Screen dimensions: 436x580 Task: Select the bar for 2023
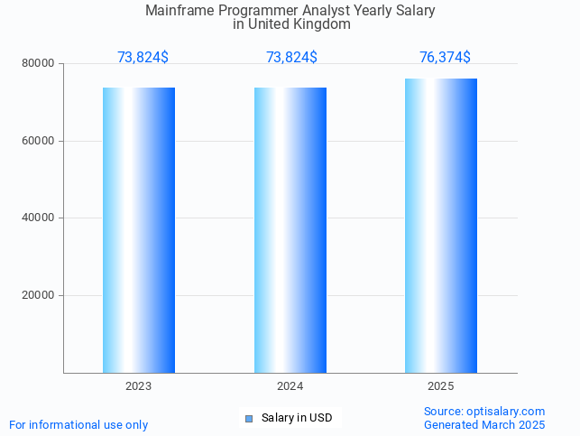[x=139, y=230]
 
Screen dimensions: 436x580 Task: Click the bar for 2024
[x=290, y=230]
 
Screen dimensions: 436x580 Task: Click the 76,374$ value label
[x=445, y=58]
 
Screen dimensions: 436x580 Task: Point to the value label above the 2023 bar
[x=143, y=58]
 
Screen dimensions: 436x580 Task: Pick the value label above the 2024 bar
[x=291, y=58]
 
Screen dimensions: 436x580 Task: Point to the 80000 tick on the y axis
[x=40, y=64]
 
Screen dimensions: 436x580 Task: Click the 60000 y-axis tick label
[x=40, y=142]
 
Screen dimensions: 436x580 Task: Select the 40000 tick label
[x=40, y=218]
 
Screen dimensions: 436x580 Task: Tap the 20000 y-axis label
[x=40, y=296]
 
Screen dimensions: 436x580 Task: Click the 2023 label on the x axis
[x=139, y=386]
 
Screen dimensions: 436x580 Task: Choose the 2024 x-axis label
[x=290, y=386]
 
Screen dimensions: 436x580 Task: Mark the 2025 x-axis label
[x=441, y=386]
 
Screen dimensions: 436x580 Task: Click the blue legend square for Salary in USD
[x=250, y=418]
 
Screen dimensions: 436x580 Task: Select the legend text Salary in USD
[x=297, y=418]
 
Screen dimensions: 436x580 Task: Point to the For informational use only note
[x=78, y=424]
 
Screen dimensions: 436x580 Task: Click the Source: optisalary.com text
[x=484, y=412]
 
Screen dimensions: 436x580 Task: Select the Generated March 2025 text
[x=484, y=424]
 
